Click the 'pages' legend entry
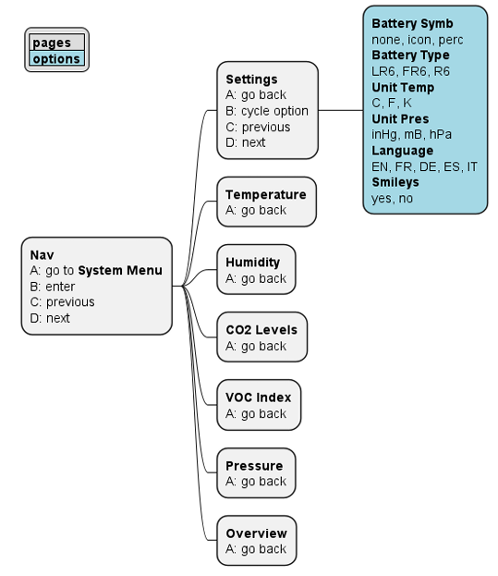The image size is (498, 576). point(51,43)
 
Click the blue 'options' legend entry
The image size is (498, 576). point(55,58)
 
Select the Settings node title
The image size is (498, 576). point(251,79)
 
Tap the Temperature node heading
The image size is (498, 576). point(265,194)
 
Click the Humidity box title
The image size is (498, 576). point(252,263)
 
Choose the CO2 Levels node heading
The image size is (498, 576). point(261,330)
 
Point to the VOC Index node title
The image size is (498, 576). point(258,398)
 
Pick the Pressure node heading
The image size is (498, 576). point(254,465)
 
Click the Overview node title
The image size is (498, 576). point(256,533)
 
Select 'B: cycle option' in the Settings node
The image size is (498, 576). point(266,111)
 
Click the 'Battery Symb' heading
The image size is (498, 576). point(412,24)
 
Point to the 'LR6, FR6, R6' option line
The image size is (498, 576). point(410,71)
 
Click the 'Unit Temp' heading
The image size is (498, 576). point(403,87)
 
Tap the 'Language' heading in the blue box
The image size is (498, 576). point(402,150)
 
